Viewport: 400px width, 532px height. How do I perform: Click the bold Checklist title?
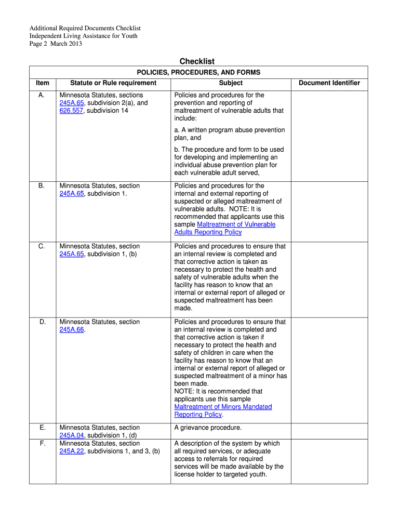[197, 61]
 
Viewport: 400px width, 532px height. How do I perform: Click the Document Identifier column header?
[329, 83]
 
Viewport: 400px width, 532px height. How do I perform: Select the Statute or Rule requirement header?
[113, 83]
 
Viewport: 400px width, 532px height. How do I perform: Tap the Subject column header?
[231, 83]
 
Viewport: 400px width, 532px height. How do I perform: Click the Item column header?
[43, 83]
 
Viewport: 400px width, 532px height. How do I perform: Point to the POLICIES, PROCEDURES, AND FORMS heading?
[198, 73]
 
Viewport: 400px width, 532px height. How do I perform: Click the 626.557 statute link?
[72, 111]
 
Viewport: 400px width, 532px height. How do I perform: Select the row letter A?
[42, 96]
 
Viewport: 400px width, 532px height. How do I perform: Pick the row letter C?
[42, 246]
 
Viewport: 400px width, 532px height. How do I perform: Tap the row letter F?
[42, 444]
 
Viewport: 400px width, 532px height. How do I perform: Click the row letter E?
[42, 428]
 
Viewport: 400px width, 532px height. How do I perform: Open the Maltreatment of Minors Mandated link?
[223, 407]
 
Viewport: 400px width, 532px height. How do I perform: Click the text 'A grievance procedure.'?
[208, 428]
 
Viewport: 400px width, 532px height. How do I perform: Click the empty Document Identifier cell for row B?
[329, 209]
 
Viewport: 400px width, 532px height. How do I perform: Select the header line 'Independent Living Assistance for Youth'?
[83, 36]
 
